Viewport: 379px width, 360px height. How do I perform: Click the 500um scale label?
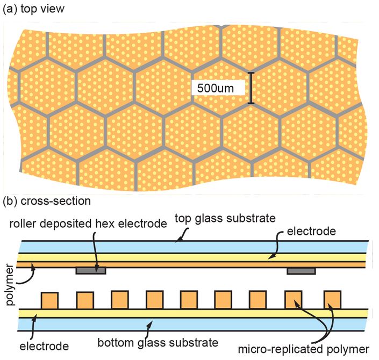point(215,88)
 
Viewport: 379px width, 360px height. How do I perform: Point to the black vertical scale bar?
point(251,88)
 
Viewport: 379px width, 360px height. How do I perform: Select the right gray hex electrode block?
point(301,271)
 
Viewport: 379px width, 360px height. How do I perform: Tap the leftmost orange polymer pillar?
point(49,300)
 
